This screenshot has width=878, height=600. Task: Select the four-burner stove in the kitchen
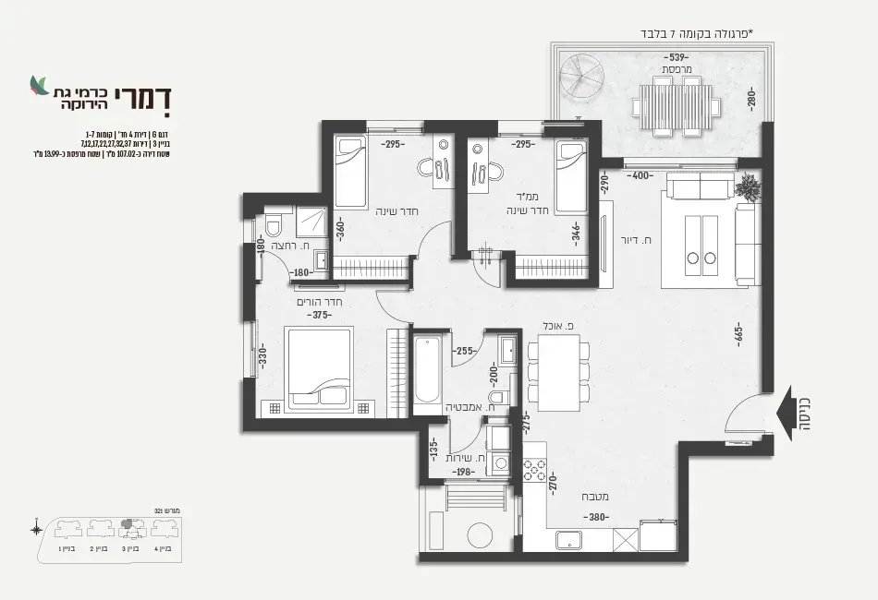point(535,469)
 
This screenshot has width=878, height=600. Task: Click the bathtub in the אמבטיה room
point(427,371)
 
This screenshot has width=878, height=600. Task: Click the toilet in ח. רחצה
point(274,226)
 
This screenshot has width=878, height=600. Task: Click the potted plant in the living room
point(751,188)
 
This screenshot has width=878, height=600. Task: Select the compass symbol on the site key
point(35,530)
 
